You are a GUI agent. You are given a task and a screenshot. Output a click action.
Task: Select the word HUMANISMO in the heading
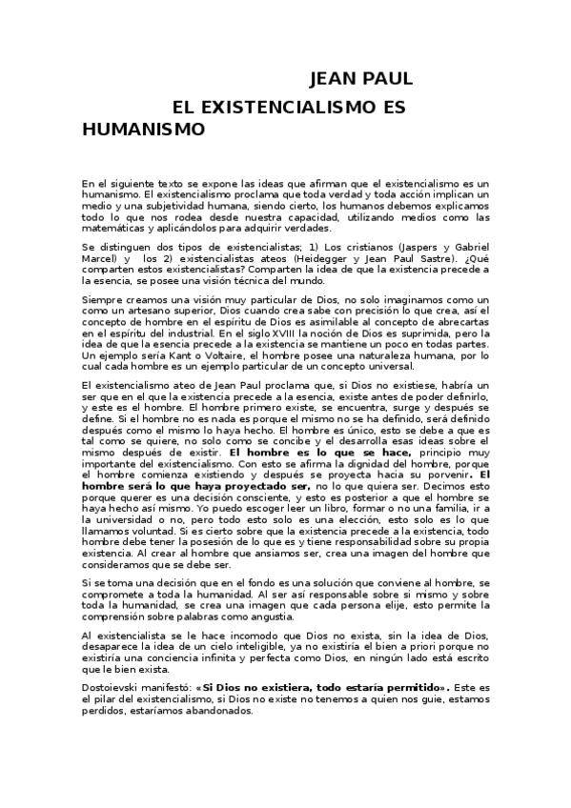pos(143,128)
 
